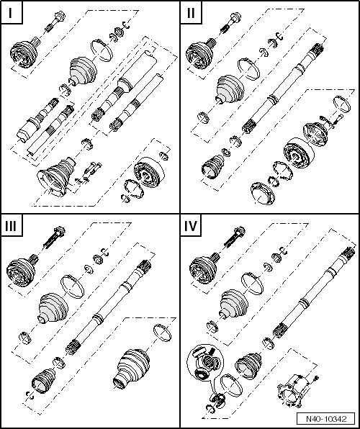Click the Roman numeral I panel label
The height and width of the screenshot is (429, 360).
(10, 13)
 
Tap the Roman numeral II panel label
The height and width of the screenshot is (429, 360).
(191, 13)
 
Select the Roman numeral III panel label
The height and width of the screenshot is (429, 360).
(11, 226)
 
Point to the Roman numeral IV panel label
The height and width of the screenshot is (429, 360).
(191, 226)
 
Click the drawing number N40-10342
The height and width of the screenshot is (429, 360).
(326, 419)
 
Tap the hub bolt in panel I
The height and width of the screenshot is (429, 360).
(55, 22)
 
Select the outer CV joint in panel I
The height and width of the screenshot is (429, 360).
(25, 53)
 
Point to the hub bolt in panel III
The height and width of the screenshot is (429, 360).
(54, 238)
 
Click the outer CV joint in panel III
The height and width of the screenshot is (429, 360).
(22, 271)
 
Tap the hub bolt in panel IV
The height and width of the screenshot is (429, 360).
(235, 236)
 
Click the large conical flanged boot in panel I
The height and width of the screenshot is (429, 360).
(57, 176)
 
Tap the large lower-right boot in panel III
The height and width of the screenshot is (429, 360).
(132, 369)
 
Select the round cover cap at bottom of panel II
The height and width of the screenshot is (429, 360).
(263, 194)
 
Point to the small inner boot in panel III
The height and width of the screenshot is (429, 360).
(43, 381)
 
